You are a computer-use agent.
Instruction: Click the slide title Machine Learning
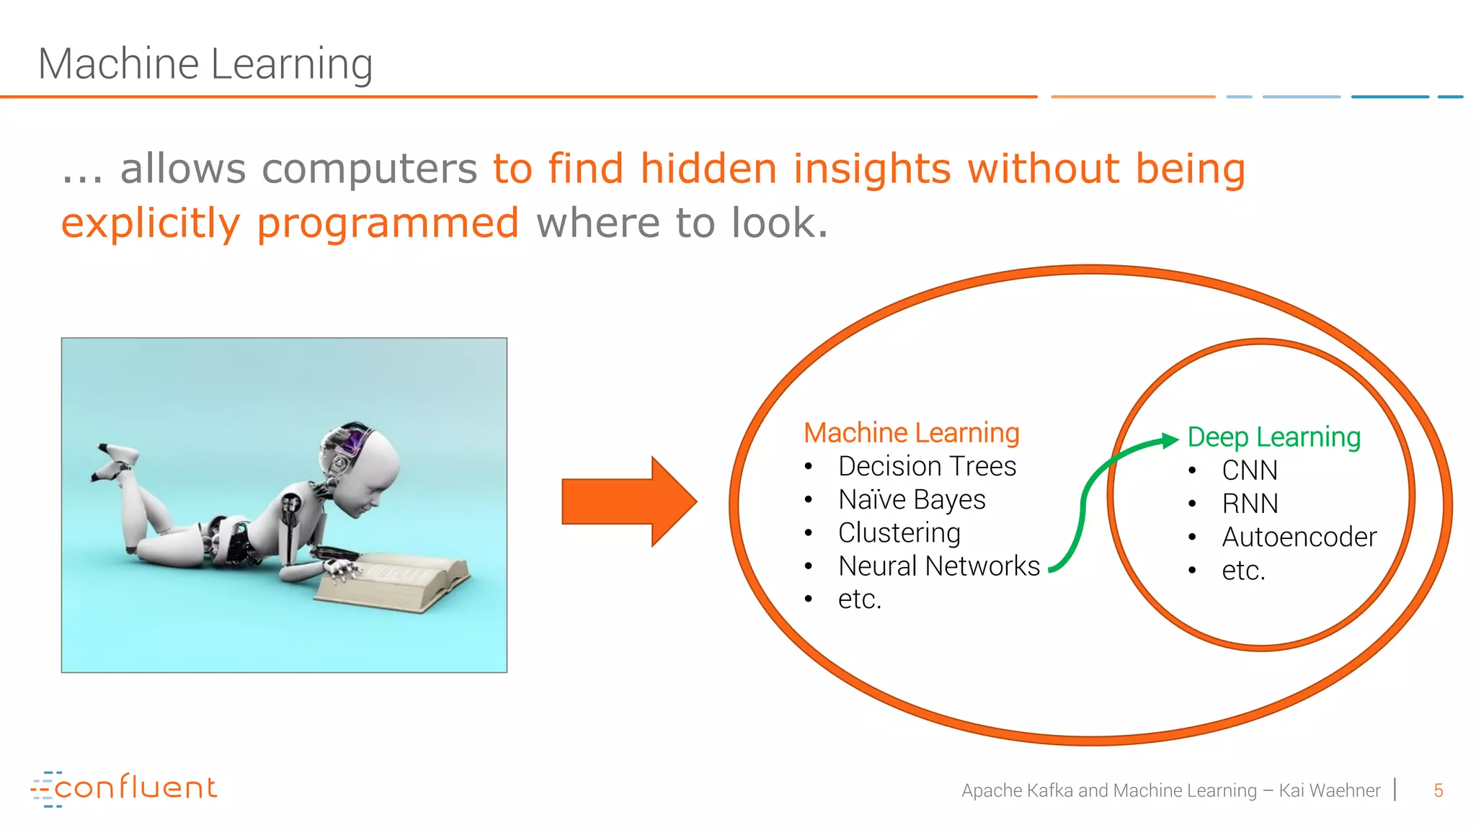pyautogui.click(x=205, y=64)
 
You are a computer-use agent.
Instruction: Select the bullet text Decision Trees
pyautogui.click(x=927, y=466)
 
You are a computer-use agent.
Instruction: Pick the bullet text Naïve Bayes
pyautogui.click(x=912, y=499)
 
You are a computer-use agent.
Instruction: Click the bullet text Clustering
pyautogui.click(x=899, y=532)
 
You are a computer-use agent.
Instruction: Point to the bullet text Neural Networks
pyautogui.click(x=938, y=566)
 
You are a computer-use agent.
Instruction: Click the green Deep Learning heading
pyautogui.click(x=1273, y=437)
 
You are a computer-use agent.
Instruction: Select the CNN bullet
pyautogui.click(x=1250, y=470)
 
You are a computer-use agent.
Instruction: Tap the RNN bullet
pyautogui.click(x=1250, y=504)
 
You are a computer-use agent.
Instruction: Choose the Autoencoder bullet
pyautogui.click(x=1299, y=537)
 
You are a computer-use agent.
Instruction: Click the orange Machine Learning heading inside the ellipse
pyautogui.click(x=911, y=432)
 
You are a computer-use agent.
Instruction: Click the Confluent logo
pyautogui.click(x=124, y=788)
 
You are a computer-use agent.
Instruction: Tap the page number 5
pyautogui.click(x=1438, y=790)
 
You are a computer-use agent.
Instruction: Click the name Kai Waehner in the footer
pyautogui.click(x=1329, y=790)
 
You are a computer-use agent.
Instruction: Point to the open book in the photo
pyautogui.click(x=393, y=580)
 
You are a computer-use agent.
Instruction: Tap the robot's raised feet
pyautogui.click(x=115, y=461)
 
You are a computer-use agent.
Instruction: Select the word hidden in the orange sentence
pyautogui.click(x=708, y=169)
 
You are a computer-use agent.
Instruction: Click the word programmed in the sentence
pyautogui.click(x=388, y=223)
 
